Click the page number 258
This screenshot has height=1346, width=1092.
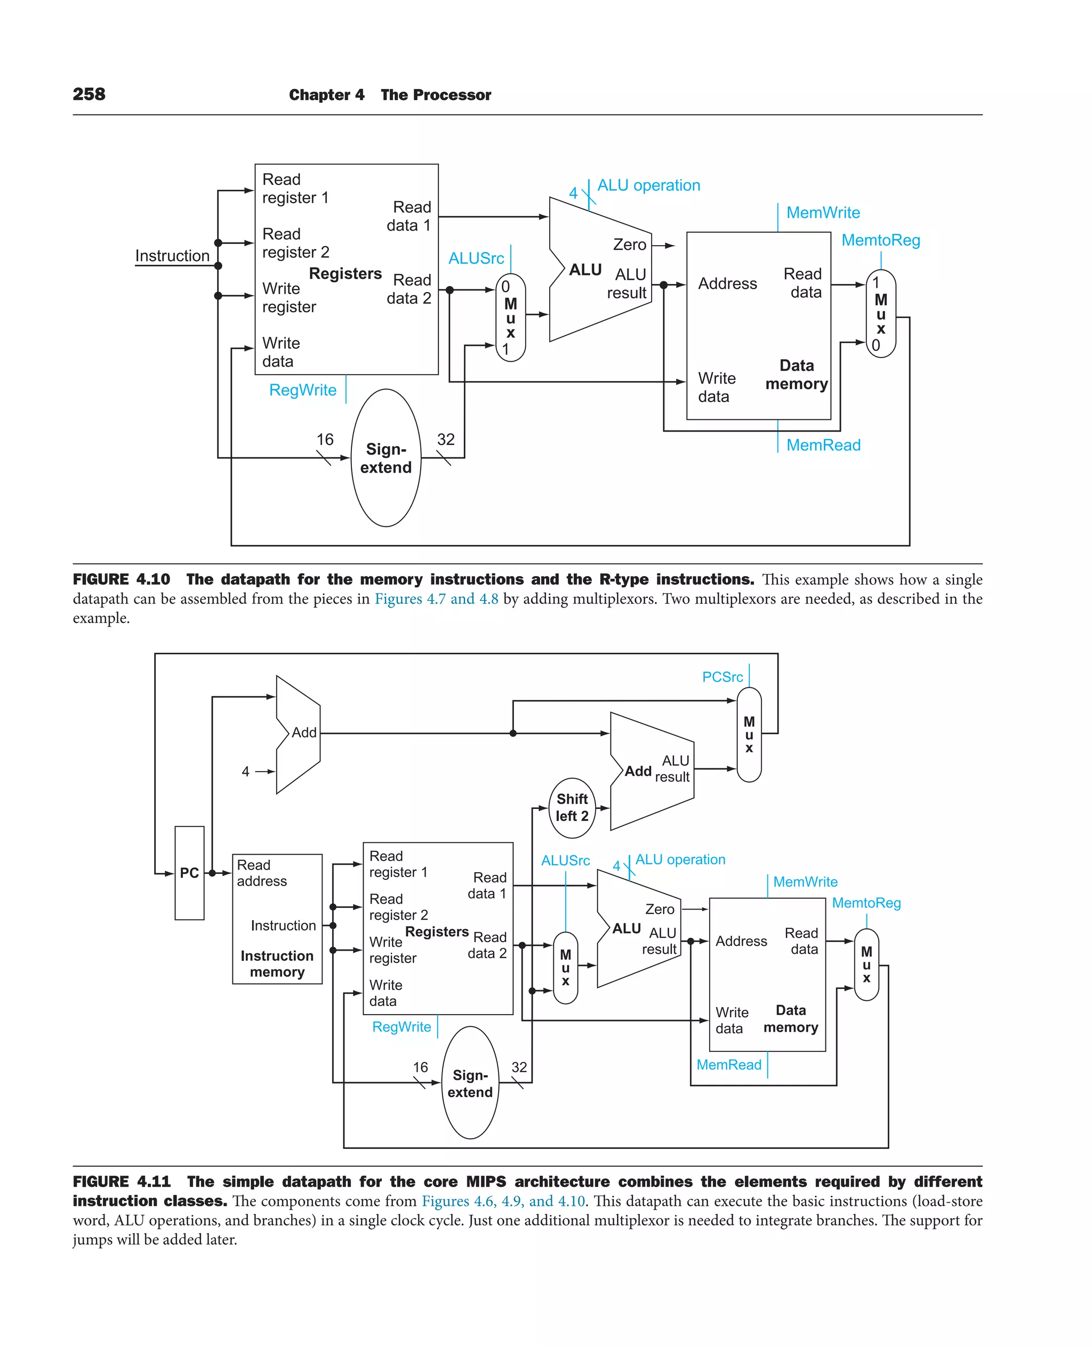(89, 94)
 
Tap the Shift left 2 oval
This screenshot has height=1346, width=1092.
(572, 807)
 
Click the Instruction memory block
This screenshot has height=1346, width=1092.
(277, 919)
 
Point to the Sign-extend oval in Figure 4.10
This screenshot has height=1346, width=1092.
(386, 458)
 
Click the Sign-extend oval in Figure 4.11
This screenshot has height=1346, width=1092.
(470, 1083)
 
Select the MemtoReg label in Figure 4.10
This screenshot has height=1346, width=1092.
(881, 240)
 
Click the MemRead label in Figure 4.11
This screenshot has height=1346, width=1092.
(728, 1064)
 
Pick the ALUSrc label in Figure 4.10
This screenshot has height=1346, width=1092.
(476, 258)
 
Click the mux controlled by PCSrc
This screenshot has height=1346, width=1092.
(749, 734)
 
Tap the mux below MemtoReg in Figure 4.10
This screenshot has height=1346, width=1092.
(881, 314)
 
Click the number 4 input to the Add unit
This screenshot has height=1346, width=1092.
(245, 772)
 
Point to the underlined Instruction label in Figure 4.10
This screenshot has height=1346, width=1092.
(172, 256)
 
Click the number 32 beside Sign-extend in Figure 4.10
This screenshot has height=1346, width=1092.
(445, 440)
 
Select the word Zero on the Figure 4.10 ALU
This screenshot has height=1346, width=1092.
(630, 245)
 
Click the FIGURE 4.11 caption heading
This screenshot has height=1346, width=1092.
(122, 1181)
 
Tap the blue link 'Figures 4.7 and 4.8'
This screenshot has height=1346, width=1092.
(436, 598)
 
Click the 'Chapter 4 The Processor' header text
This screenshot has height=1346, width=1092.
(390, 95)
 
